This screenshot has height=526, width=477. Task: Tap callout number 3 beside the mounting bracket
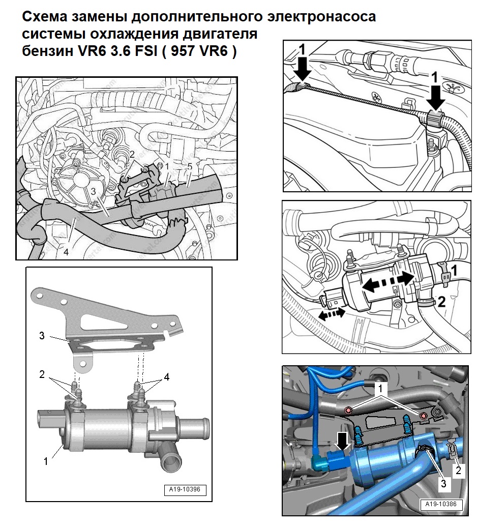click(x=43, y=336)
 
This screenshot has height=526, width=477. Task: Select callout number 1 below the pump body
click(x=46, y=461)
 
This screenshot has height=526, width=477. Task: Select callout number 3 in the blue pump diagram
click(x=444, y=483)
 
